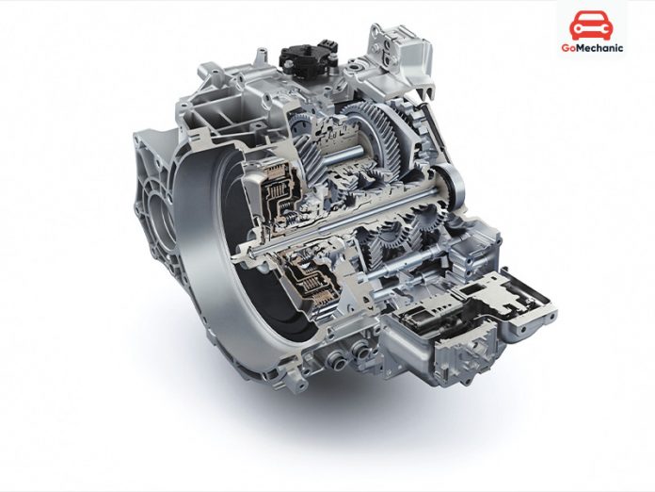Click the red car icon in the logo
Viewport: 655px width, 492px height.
(x=589, y=25)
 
